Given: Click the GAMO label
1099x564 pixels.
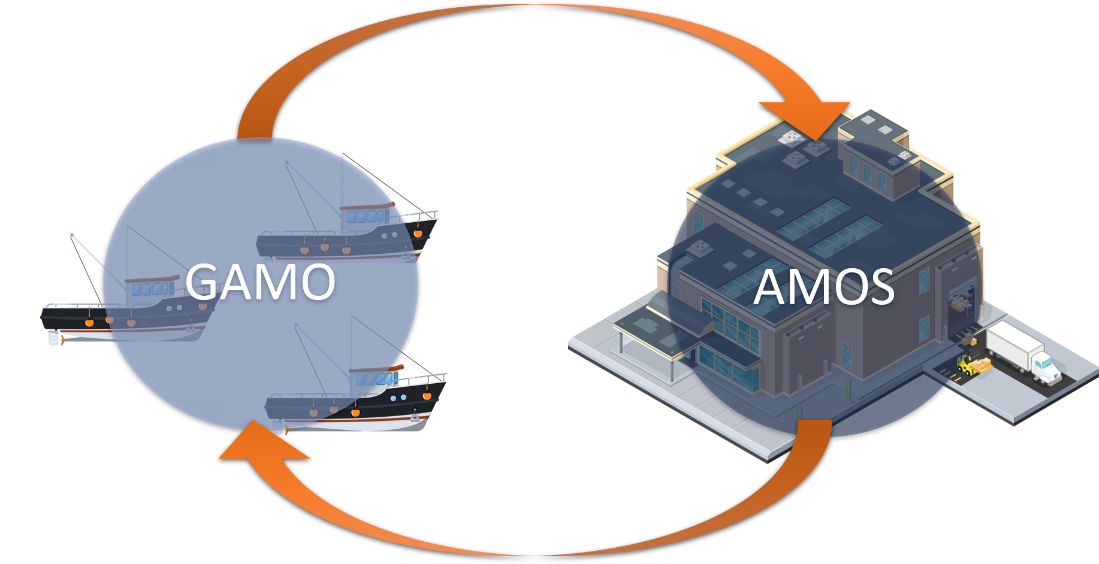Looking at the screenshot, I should pos(259,281).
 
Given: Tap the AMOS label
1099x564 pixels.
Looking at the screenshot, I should pos(824,287).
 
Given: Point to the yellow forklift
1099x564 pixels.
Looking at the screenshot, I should pos(966,365).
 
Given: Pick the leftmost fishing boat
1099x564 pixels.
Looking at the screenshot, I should pos(126,311).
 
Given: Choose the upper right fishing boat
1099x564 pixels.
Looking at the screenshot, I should pos(348,234).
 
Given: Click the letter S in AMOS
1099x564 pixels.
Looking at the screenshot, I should pos(877,287).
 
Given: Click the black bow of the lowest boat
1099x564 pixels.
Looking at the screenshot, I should pos(428,395).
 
